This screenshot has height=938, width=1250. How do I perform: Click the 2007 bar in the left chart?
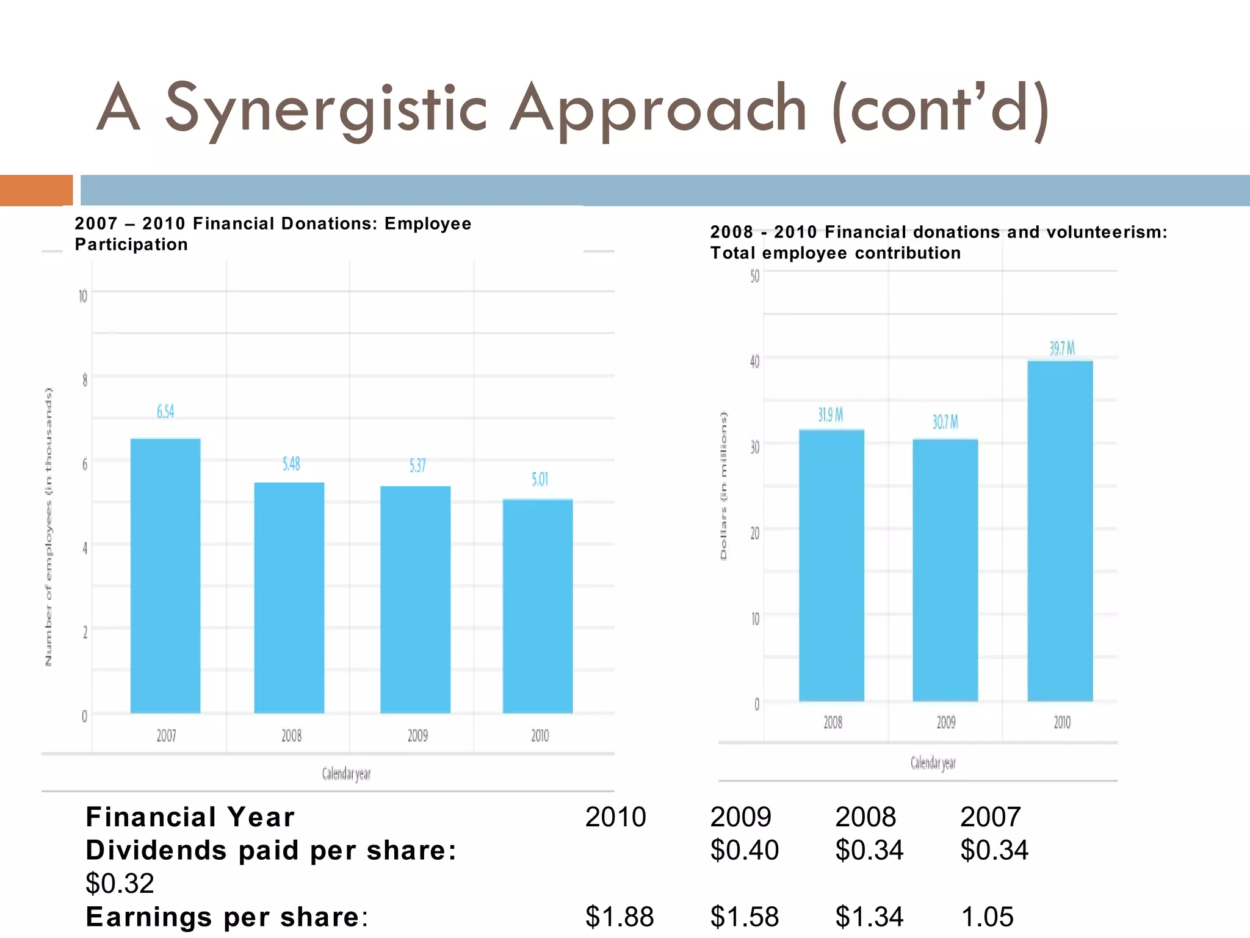165,575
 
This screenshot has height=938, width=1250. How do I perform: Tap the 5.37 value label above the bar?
417,466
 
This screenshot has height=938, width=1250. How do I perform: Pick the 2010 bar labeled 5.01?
538,606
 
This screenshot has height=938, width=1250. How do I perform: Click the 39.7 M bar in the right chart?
1060,531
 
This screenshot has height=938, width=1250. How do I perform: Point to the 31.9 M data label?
831,415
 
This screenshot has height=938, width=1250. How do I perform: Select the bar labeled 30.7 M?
945,570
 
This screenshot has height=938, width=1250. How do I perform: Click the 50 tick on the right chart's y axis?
755,277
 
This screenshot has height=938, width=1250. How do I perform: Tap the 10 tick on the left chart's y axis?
83,297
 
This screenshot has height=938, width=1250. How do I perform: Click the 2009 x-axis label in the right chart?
946,722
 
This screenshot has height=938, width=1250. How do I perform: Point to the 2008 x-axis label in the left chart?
291,735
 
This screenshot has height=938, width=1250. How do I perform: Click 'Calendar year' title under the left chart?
346,774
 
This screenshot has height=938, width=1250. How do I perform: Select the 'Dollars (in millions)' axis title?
724,485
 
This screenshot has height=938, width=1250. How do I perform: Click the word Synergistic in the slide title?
326,109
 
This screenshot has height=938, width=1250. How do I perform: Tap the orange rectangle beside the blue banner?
36,190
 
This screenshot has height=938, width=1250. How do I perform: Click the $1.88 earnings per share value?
619,917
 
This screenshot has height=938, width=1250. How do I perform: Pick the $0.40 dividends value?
744,850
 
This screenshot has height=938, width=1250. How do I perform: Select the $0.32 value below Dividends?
120,883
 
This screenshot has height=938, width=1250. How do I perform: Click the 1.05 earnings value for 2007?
987,917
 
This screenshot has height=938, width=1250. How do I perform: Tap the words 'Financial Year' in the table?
190,817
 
